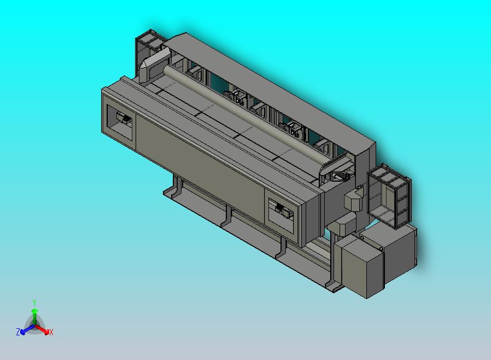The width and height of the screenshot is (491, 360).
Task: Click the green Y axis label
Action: tap(34, 303)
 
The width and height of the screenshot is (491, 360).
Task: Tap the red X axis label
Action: tap(51, 332)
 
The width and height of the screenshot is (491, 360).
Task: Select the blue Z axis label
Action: tap(18, 332)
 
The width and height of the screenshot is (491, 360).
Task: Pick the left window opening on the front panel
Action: tap(120, 122)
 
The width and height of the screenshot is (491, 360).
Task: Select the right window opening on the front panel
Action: tap(281, 215)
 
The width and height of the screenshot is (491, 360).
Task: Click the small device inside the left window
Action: tap(124, 118)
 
